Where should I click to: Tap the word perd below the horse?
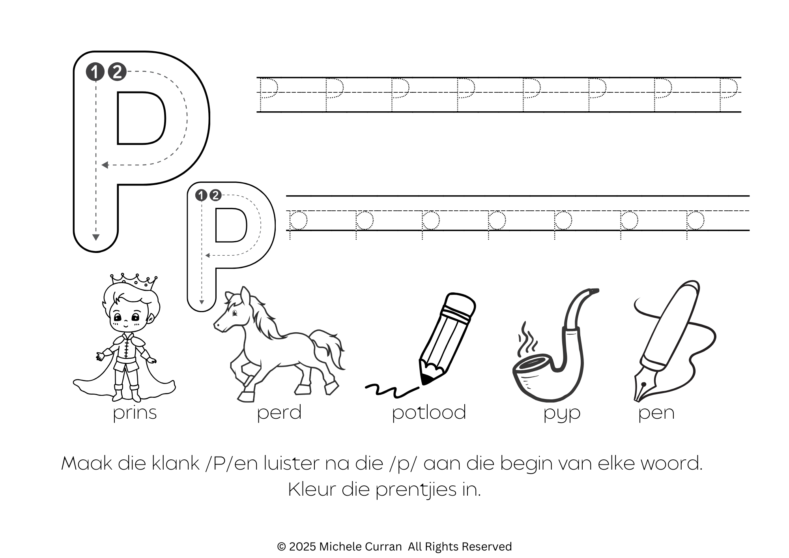(x=279, y=412)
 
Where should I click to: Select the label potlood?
(x=429, y=412)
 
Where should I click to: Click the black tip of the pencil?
(x=426, y=379)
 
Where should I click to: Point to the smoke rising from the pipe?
(x=527, y=339)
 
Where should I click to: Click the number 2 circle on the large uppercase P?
(x=117, y=72)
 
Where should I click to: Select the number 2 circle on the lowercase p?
(x=215, y=195)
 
